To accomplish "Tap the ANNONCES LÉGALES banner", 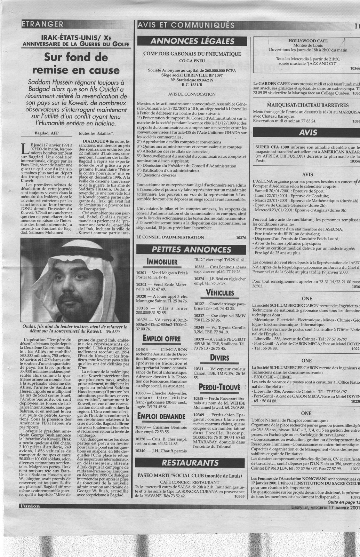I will [192, 41].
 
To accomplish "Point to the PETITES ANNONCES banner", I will [192, 250].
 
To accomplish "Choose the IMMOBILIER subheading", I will [162, 262].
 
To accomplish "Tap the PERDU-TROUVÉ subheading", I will [219, 387].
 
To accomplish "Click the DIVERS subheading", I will [219, 358].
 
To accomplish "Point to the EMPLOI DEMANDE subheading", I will [161, 416].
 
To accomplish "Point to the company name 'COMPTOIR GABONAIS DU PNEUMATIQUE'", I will [192, 54].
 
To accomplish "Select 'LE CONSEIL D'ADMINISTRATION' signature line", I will [170, 237].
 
